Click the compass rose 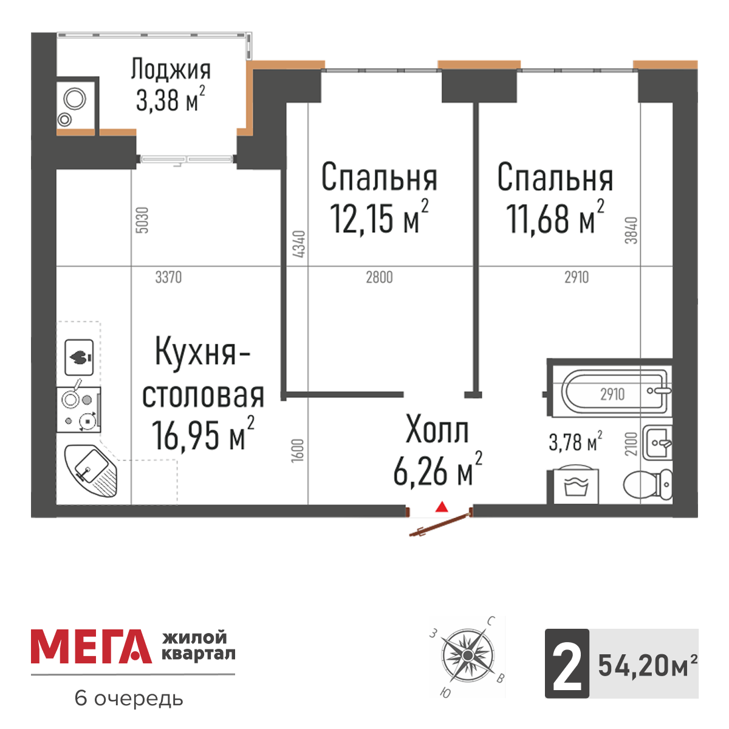[x=467, y=656]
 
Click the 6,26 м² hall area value [x=437, y=471]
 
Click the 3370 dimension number [x=168, y=278]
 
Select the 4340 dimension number [x=299, y=244]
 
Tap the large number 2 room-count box [x=567, y=663]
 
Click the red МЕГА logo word [x=91, y=647]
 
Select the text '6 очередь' [x=128, y=699]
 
